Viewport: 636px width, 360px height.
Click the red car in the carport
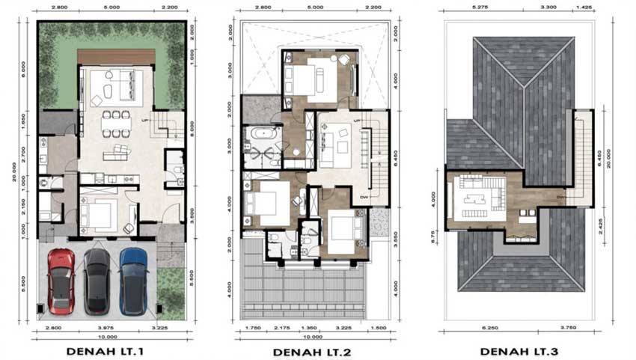60,281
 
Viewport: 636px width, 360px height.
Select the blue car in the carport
133,281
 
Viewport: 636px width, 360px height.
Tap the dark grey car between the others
97,281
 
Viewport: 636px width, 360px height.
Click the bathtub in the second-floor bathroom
262,135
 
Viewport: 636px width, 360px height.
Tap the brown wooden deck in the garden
116,57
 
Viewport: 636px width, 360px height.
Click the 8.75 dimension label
435,233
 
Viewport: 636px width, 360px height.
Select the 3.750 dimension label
568,328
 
